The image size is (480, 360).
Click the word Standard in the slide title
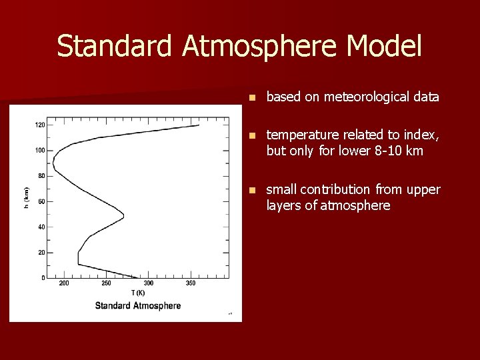(115, 47)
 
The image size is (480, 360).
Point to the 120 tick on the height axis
(40, 125)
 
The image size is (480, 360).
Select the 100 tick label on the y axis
(40, 150)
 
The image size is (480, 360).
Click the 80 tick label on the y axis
(41, 176)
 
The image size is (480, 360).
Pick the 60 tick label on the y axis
(41, 201)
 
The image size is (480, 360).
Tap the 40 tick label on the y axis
(41, 227)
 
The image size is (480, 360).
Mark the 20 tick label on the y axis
(41, 252)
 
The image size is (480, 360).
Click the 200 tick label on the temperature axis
(64, 283)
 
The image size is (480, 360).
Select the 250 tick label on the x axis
(106, 283)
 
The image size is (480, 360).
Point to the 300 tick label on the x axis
(149, 283)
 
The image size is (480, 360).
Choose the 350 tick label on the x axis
(191, 283)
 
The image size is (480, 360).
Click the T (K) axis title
(138, 293)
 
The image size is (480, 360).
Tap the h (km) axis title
(26, 197)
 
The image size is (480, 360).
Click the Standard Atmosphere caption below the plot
(138, 306)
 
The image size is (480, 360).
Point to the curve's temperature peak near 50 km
(123, 217)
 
